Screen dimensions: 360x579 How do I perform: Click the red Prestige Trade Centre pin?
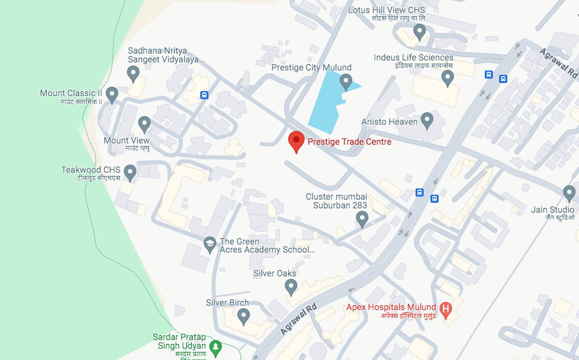click(296, 141)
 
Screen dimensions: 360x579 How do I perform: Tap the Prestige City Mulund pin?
click(345, 81)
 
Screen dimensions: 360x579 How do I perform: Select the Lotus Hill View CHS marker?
click(420, 31)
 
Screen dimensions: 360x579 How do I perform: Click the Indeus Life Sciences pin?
click(447, 78)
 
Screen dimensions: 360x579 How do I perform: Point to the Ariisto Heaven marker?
click(427, 119)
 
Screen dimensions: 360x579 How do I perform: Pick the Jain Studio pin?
click(569, 193)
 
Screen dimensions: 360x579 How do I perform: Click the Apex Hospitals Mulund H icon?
click(445, 308)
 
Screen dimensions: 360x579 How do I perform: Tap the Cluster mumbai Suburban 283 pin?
click(362, 218)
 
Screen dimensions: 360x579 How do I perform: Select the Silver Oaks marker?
click(291, 286)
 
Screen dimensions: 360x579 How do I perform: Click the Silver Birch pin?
click(243, 316)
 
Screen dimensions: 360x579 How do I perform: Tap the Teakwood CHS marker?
click(130, 172)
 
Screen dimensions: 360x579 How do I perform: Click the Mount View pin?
click(144, 124)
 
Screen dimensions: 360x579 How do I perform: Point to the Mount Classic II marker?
click(112, 95)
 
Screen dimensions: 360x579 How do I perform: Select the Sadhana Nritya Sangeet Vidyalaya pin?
click(133, 74)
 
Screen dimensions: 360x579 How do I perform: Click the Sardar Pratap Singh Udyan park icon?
click(216, 346)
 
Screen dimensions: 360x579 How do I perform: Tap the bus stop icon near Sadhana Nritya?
click(204, 95)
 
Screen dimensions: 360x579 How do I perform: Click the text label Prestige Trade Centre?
click(349, 142)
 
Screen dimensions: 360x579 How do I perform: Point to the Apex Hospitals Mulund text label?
click(391, 308)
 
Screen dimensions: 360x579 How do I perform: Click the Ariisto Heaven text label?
click(389, 122)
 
